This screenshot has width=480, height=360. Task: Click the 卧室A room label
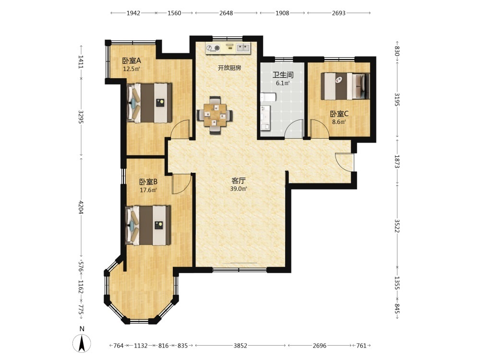click(x=132, y=60)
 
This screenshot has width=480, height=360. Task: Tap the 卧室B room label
click(x=148, y=182)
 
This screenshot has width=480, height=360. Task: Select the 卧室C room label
click(x=339, y=114)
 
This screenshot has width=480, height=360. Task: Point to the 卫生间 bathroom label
click(x=283, y=75)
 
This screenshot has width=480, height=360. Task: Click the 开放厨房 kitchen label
click(x=229, y=68)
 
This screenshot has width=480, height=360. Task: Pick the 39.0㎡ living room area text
click(x=239, y=189)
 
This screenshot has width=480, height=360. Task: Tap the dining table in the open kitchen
click(x=215, y=115)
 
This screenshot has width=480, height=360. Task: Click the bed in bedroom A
click(x=149, y=103)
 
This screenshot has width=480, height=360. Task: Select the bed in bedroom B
click(x=148, y=225)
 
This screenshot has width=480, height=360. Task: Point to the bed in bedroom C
click(x=345, y=86)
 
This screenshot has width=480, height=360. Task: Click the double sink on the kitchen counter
click(x=243, y=48)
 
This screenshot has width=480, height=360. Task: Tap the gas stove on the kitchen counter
click(x=213, y=48)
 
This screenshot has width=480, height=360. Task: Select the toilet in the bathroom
click(x=268, y=97)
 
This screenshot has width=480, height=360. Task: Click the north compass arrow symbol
click(x=82, y=343)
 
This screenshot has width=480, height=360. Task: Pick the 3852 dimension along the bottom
click(x=240, y=346)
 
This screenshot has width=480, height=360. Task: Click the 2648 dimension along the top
click(x=226, y=13)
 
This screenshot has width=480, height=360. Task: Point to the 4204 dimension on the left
click(x=81, y=207)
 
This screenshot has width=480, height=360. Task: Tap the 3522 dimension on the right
click(x=397, y=226)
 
